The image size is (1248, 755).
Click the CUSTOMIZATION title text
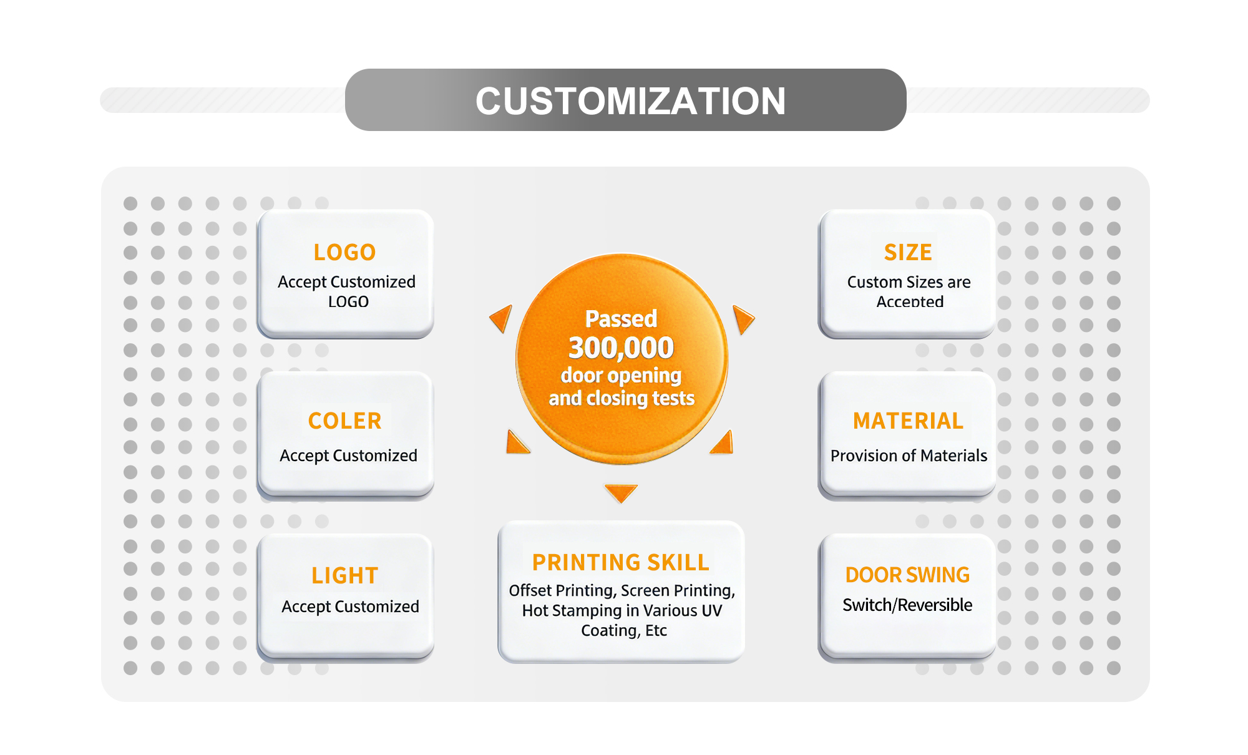tap(630, 101)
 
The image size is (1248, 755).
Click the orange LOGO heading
tap(344, 253)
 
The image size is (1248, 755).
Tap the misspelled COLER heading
tap(344, 421)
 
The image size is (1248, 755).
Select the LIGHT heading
tap(344, 575)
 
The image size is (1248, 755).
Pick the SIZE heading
tap(908, 253)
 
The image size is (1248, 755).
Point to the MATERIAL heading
tap(908, 421)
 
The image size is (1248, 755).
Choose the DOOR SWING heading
tap(907, 575)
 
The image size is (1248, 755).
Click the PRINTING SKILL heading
tap(620, 562)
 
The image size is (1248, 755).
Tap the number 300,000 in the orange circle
tap(621, 348)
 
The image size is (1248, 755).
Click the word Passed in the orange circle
tap(621, 319)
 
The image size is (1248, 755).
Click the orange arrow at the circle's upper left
tap(502, 318)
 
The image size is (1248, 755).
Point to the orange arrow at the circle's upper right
tap(743, 319)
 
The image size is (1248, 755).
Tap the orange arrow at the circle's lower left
tap(517, 442)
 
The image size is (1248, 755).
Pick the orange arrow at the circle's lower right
tap(723, 442)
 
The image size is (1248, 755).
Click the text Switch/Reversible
tap(907, 605)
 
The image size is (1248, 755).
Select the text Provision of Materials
tap(909, 455)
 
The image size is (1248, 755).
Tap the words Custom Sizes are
tap(909, 282)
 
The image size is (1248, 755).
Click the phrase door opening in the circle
tap(621, 376)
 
